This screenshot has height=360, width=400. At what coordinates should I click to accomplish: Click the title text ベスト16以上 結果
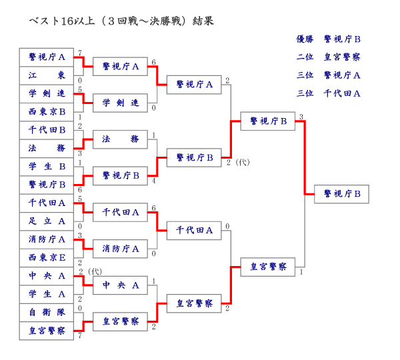click(x=121, y=21)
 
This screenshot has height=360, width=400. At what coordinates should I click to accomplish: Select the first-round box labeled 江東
click(x=47, y=75)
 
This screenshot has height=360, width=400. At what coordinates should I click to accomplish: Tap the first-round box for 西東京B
click(x=47, y=111)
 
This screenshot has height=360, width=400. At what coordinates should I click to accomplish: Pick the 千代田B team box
click(x=47, y=129)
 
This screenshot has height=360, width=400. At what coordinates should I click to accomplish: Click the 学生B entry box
click(x=47, y=166)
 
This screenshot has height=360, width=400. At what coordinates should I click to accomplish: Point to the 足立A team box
click(x=47, y=221)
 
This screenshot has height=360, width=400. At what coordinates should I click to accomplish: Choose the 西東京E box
click(x=47, y=257)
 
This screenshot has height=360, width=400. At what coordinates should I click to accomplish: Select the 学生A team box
click(x=47, y=293)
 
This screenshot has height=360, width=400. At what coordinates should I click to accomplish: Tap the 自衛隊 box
click(x=47, y=311)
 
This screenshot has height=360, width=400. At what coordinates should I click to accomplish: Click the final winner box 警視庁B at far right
click(x=341, y=194)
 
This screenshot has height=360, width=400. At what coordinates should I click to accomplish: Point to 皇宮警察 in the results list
click(x=342, y=57)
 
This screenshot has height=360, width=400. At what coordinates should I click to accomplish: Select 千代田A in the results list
click(x=342, y=93)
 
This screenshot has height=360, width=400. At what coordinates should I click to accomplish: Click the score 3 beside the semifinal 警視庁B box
click(x=301, y=117)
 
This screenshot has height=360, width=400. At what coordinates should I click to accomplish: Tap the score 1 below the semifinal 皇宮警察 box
click(x=301, y=271)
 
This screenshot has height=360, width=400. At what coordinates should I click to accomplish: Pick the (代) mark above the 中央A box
click(x=95, y=271)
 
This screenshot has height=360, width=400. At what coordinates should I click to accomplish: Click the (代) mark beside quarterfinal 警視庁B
click(x=242, y=162)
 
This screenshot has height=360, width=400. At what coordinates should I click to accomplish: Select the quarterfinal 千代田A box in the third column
click(x=194, y=230)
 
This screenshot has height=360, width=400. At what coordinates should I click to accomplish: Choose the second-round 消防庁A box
click(x=121, y=249)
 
